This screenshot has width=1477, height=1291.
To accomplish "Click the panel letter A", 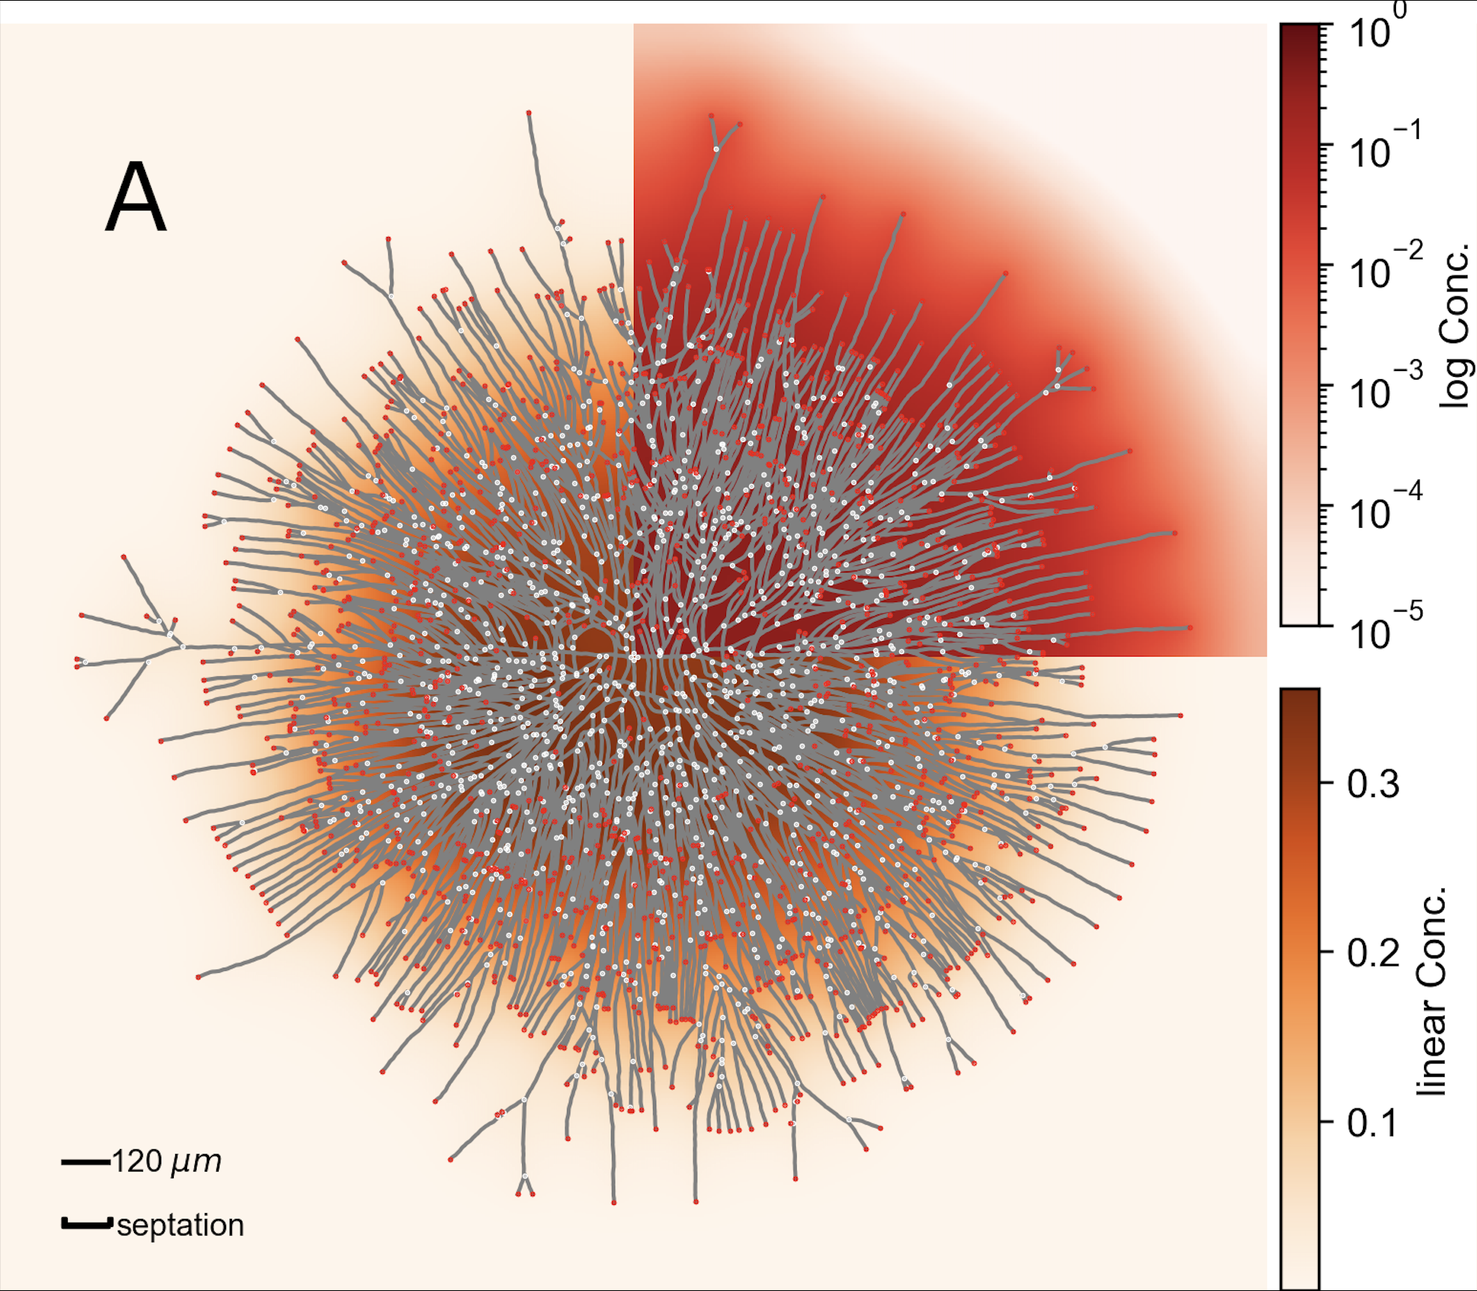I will pos(135,197).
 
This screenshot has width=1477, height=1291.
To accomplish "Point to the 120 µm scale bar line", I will pos(85,1162).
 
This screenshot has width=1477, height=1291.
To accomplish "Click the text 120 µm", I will pos(166,1161).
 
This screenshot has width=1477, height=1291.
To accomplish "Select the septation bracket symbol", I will pos(87,1224).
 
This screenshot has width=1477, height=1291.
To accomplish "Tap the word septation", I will pos(180,1225).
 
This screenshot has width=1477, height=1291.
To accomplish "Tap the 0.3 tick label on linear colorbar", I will pos(1373,785).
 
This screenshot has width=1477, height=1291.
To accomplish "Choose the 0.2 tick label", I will pos(1373,954).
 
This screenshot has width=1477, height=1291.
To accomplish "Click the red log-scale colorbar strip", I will pos(1300,324).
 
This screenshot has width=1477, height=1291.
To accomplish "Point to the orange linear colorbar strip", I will pos(1300,986).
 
